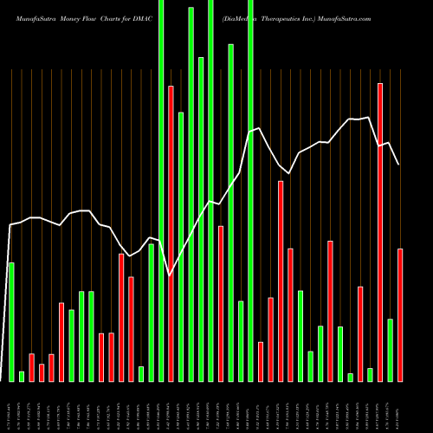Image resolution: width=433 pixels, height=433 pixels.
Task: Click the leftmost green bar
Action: (x=11, y=321)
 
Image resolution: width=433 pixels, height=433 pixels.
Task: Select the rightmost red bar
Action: (x=400, y=314)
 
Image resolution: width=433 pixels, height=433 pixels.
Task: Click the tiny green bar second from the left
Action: (x=22, y=376)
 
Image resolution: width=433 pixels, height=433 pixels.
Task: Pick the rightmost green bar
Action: (x=391, y=350)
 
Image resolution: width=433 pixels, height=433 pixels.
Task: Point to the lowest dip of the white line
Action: (x=170, y=275)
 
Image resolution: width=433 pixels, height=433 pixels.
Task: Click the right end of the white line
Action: (x=398, y=165)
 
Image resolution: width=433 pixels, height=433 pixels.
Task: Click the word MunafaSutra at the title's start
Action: (x=25, y=17)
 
